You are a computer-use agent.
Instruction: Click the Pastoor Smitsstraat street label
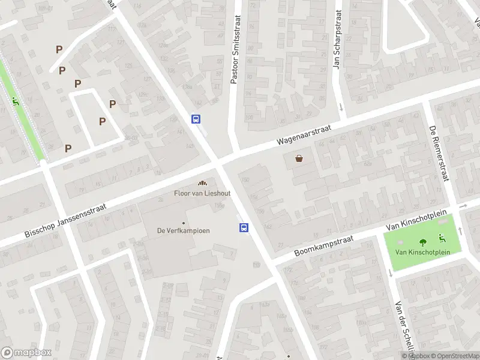click(x=234, y=49)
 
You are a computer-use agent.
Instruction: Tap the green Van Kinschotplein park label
click(x=422, y=252)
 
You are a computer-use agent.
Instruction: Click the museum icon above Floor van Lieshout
click(x=202, y=184)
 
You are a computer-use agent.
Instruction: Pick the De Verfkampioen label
click(x=183, y=231)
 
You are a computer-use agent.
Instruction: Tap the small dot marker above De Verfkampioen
click(x=184, y=223)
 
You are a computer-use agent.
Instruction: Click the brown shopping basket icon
click(x=299, y=159)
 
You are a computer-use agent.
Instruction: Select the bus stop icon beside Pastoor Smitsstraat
click(x=196, y=119)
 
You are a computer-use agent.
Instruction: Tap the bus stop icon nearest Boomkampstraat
click(x=244, y=227)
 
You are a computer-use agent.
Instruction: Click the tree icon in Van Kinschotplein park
click(x=423, y=242)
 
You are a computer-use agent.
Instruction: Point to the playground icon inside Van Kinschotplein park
click(x=442, y=238)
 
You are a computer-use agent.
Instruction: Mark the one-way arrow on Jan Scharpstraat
click(x=341, y=108)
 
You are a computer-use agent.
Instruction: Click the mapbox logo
click(x=26, y=353)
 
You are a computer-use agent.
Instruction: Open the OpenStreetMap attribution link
click(x=454, y=356)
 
